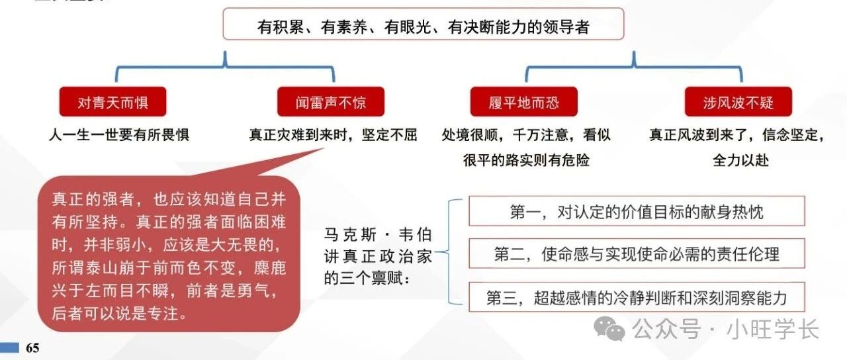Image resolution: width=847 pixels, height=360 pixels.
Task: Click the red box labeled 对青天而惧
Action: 112,102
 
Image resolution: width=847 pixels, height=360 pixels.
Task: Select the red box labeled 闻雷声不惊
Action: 331,102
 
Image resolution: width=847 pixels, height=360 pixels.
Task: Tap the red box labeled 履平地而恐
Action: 523,102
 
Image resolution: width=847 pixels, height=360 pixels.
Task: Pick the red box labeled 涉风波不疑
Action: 738,102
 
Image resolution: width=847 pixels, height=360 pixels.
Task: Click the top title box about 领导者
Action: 423,24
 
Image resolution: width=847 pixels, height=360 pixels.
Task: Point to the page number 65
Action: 32,348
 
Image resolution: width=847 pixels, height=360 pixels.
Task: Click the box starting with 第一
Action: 637,211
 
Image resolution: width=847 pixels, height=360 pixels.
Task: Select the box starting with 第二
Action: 637,253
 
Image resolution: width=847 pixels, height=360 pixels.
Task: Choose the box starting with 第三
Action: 637,297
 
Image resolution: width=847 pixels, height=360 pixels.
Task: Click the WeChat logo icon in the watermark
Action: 609,329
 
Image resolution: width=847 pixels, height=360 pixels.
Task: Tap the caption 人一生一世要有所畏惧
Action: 118,134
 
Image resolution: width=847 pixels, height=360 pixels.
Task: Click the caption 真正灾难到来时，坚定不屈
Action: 333,134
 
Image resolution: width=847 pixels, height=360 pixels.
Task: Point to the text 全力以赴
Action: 740,160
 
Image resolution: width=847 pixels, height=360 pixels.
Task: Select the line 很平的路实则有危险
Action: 526,160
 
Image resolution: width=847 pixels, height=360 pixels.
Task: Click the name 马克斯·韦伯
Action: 378,235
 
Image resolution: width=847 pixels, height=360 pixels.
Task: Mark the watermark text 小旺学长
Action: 772,329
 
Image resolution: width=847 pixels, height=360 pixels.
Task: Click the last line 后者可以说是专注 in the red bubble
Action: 120,314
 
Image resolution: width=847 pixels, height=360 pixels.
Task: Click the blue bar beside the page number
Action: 9,347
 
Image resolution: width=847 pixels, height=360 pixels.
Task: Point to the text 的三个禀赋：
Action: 367,279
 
